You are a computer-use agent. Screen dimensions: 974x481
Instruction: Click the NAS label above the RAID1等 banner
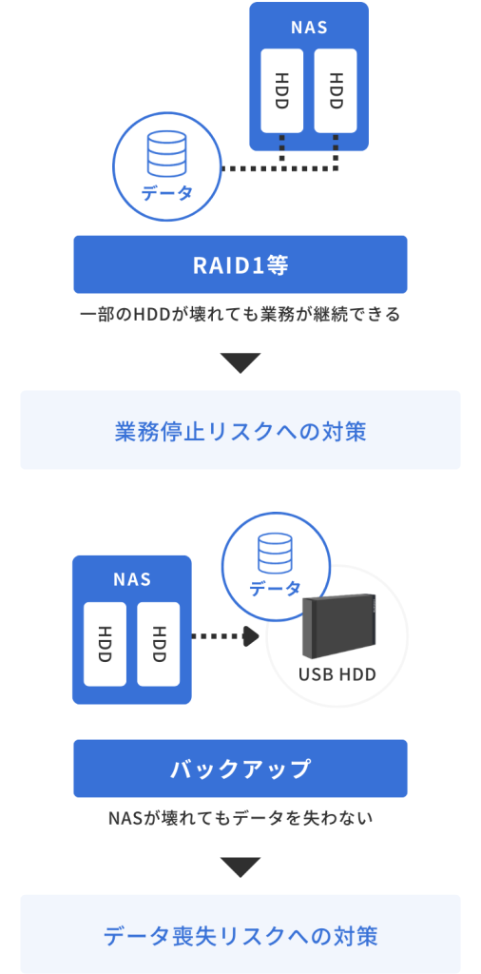(308, 28)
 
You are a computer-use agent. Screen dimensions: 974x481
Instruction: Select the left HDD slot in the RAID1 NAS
(282, 89)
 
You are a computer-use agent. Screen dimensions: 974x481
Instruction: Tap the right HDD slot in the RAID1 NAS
(335, 89)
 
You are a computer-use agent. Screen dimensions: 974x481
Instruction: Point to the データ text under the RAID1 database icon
(166, 193)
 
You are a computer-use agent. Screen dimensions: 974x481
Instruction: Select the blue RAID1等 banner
(240, 264)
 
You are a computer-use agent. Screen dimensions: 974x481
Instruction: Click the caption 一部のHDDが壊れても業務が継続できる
(240, 314)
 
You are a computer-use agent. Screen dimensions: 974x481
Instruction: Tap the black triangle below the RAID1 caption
(240, 363)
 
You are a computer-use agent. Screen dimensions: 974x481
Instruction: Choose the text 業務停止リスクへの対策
(240, 431)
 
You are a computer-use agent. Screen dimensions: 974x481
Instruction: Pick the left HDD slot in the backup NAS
(106, 644)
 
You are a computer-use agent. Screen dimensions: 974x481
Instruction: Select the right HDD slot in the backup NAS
(159, 644)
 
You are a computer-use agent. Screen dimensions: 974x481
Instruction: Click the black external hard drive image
(339, 628)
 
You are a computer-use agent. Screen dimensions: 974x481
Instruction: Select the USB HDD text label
(337, 675)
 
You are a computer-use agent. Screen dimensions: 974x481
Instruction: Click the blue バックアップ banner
(240, 769)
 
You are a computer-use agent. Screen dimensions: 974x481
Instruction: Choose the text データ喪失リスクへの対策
(240, 935)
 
